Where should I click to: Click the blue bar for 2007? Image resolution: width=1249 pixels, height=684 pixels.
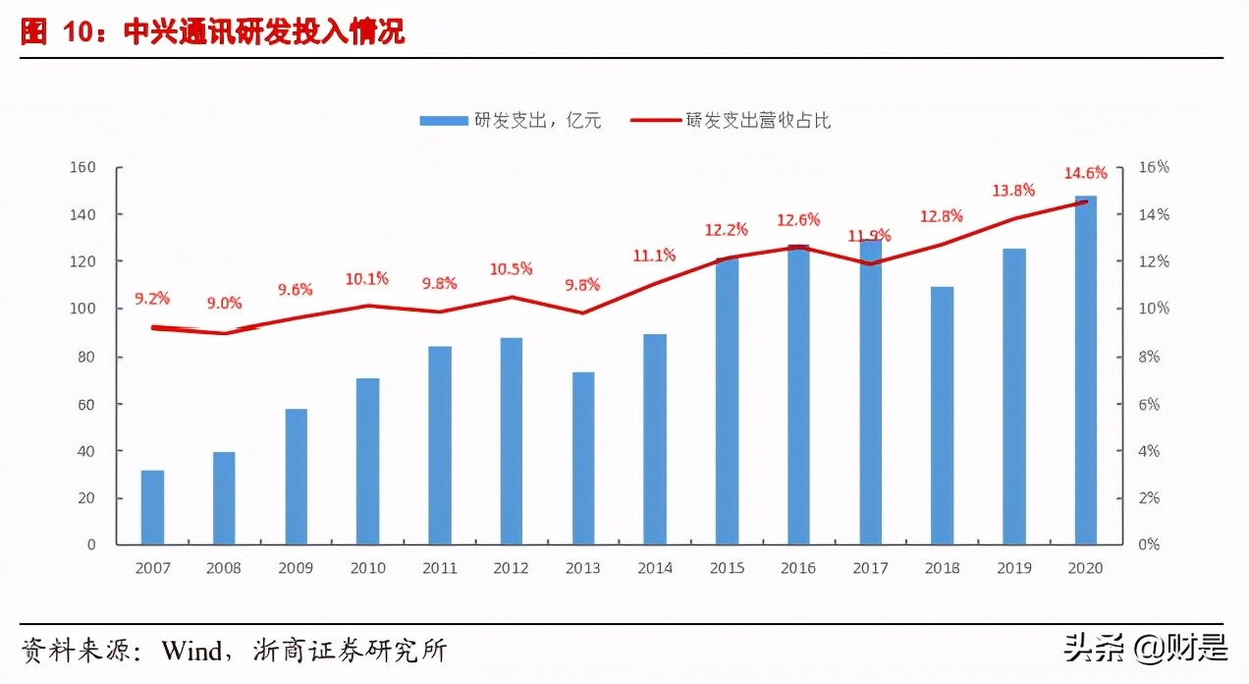152,507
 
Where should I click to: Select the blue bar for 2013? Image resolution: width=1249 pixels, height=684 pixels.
582,458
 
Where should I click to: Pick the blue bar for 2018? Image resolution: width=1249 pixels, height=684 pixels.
942,415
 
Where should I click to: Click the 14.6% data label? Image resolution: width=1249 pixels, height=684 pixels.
1085,173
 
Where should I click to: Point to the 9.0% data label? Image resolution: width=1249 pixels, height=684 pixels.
224,303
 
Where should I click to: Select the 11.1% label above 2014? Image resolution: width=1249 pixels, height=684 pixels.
654,256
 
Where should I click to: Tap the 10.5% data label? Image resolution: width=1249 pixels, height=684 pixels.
511,268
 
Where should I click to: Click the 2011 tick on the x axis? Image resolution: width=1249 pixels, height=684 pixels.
439,568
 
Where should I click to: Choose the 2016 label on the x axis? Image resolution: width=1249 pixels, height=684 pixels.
797,568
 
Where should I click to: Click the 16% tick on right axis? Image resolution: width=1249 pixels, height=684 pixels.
1154,167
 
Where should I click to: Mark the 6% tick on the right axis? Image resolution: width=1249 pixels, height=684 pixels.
1150,404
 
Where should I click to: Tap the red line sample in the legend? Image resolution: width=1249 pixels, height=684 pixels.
653,121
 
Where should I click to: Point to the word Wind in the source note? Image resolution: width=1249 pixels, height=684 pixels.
194,651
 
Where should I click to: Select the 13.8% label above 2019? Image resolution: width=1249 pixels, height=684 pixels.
1013,191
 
